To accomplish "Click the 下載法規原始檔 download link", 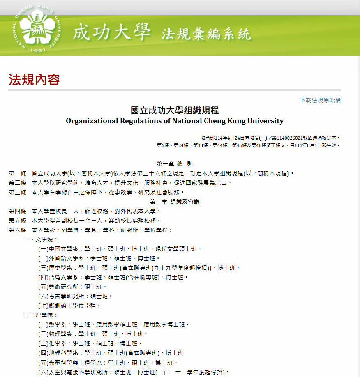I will (320, 100).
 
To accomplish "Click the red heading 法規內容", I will (35, 80).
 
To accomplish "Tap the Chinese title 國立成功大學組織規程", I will (175, 110).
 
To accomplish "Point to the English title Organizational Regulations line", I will (175, 121).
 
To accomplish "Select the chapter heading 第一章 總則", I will (175, 164).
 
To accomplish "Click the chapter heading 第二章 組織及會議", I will (175, 202).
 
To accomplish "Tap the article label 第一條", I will (17, 173).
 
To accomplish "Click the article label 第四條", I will (17, 211).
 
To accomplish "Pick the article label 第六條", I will (17, 230).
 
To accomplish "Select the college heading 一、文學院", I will (41, 239).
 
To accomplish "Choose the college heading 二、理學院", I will (41, 315).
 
